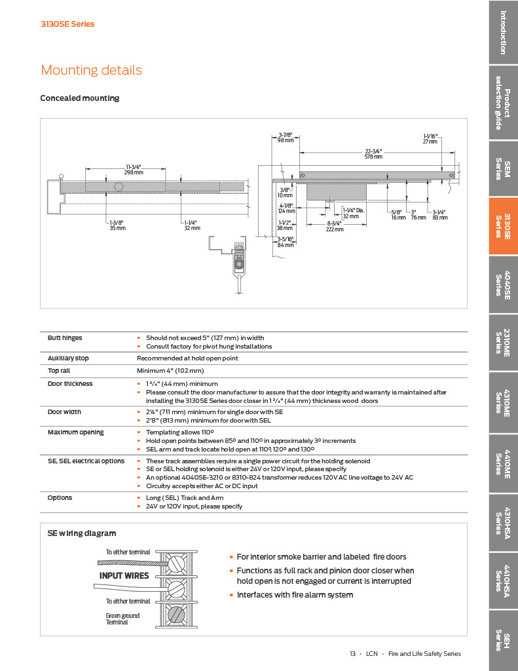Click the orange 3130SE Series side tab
pos(503,226)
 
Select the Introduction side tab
pos(503,33)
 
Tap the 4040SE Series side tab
pos(503,284)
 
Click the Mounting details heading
pos(91,70)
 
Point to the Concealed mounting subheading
pos(80,98)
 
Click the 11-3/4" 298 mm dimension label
pos(134,170)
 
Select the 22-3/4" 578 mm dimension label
pos(373,153)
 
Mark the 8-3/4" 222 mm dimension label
pos(335,226)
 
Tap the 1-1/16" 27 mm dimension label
pos(430,138)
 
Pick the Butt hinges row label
pos(65,338)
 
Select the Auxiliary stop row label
pos(68,358)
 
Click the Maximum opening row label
pos(75,432)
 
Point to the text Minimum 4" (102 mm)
pos(168,371)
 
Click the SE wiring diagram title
pos(82,533)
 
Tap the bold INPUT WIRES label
pos(124,576)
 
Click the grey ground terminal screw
pos(176,616)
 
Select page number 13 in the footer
pos(352,653)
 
